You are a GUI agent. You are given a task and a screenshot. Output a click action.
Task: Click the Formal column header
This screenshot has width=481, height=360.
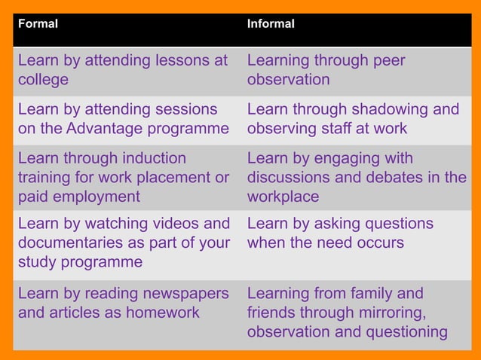tap(38, 24)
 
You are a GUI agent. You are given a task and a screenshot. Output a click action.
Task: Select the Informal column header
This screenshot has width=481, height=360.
tap(271, 24)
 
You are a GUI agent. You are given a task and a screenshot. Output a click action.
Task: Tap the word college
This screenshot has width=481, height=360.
tap(43, 80)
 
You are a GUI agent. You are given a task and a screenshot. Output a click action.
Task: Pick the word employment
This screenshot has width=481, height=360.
tap(96, 197)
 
